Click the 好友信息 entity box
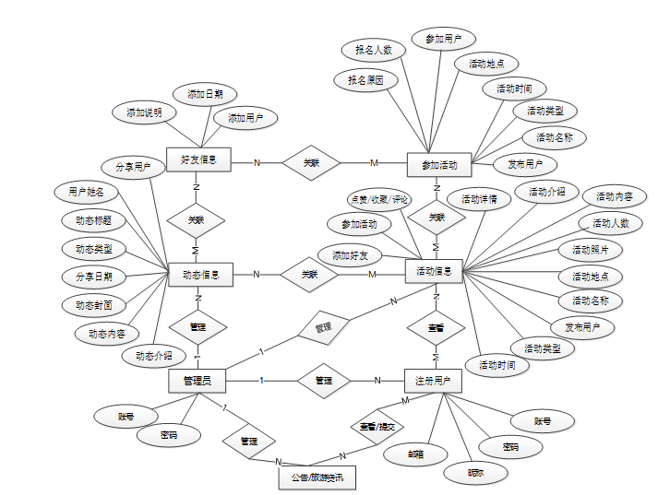198,159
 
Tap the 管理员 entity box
197,380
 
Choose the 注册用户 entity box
434,380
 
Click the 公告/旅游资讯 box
316,477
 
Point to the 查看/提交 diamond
377,427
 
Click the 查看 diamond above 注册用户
435,328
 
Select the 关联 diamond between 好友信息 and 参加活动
311,162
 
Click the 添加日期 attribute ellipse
205,94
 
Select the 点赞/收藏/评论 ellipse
379,199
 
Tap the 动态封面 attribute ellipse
93,304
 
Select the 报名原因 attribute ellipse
365,80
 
